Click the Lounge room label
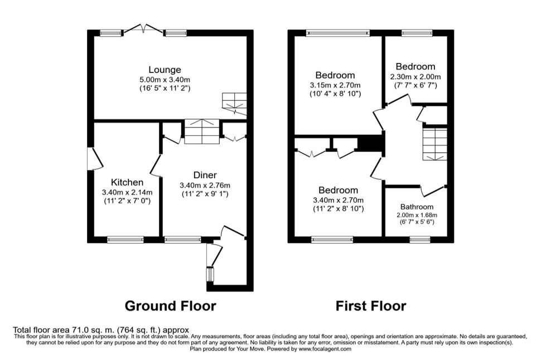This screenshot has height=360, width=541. (165, 70)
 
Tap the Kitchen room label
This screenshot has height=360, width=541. (127, 182)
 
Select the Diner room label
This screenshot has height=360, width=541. (205, 175)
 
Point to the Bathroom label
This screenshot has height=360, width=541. (417, 207)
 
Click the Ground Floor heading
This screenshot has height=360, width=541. (171, 306)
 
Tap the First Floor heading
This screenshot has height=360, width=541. (371, 306)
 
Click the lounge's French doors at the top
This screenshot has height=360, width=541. (143, 30)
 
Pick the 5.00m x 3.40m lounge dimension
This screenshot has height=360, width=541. (165, 80)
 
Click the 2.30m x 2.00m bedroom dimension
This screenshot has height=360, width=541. (416, 76)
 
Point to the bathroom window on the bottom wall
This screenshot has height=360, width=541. (420, 239)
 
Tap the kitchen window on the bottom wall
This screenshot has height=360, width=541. (125, 240)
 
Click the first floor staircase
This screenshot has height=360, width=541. (435, 144)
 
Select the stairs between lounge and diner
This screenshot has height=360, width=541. (202, 132)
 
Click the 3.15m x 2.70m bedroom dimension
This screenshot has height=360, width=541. (335, 85)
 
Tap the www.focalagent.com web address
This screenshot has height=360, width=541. (325, 349)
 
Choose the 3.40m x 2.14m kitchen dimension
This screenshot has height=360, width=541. (127, 192)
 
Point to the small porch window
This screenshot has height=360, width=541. (210, 275)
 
